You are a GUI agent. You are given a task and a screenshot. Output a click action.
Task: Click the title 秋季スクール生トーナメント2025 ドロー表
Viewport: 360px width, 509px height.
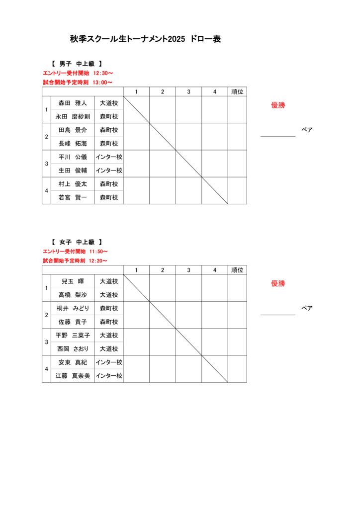pyautogui.click(x=145, y=39)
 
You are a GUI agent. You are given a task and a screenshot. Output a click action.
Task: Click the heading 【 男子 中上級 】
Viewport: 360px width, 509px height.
pyautogui.click(x=77, y=64)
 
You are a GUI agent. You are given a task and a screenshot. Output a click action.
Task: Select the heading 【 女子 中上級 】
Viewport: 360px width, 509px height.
pyautogui.click(x=77, y=242)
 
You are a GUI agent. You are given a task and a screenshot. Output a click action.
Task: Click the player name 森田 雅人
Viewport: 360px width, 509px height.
pyautogui.click(x=73, y=103)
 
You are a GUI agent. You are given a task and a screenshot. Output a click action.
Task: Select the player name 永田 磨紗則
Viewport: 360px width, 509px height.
pyautogui.click(x=73, y=117)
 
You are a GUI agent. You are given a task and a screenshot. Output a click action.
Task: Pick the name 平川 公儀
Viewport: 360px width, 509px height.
pyautogui.click(x=73, y=157)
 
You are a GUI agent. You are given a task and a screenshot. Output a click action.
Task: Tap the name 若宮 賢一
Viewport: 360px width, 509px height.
pyautogui.click(x=73, y=197)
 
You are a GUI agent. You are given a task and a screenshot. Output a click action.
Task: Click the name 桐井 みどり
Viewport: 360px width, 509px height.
pyautogui.click(x=73, y=308)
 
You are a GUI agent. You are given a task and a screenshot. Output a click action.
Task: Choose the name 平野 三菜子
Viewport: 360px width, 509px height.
pyautogui.click(x=73, y=336)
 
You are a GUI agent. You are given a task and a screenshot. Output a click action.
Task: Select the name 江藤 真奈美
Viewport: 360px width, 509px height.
pyautogui.click(x=73, y=376)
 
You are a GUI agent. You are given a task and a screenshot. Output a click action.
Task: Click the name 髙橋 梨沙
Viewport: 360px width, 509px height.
pyautogui.click(x=73, y=295)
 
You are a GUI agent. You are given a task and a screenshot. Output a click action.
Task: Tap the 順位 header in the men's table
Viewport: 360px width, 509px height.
pyautogui.click(x=237, y=91)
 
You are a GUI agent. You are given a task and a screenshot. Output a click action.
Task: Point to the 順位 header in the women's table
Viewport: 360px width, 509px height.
pyautogui.click(x=237, y=270)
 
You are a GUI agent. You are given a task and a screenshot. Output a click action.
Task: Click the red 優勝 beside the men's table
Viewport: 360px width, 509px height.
pyautogui.click(x=278, y=105)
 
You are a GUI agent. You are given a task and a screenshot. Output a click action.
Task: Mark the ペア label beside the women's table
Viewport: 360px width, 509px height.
pyautogui.click(x=307, y=308)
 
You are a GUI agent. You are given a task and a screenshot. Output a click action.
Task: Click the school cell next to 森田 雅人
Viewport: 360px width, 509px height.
pyautogui.click(x=109, y=103)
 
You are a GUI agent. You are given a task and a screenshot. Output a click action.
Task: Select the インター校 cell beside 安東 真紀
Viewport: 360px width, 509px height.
pyautogui.click(x=109, y=362)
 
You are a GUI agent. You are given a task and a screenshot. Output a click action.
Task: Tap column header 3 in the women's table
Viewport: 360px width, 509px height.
pyautogui.click(x=188, y=270)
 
